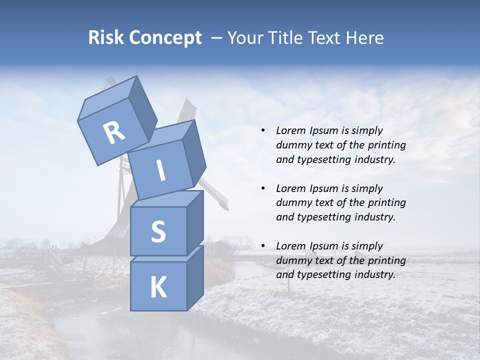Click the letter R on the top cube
point(114,133)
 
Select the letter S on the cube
point(158,231)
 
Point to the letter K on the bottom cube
point(158,287)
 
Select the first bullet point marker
point(263,131)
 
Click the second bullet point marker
point(263,188)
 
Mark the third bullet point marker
point(263,246)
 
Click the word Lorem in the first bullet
point(290,130)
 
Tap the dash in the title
point(217,38)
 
